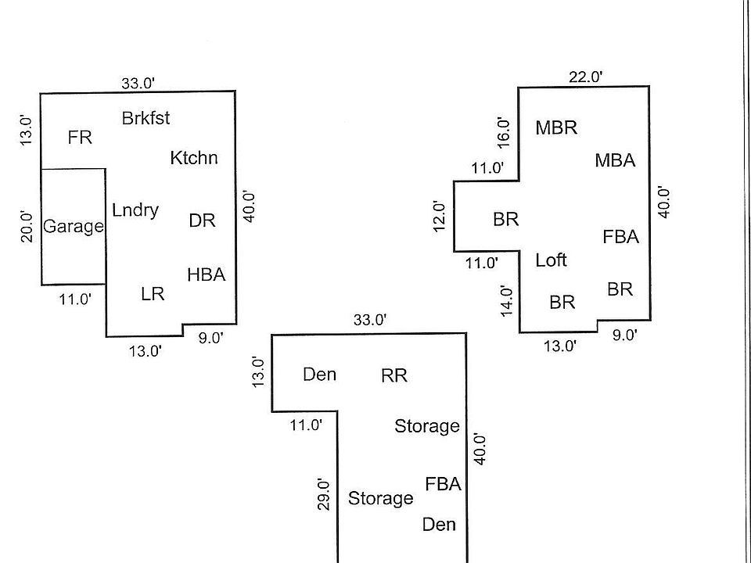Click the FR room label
pyautogui.click(x=80, y=138)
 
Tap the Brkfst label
pyautogui.click(x=146, y=118)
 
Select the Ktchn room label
pyautogui.click(x=194, y=158)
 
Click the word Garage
pyautogui.click(x=74, y=227)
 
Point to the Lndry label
pyautogui.click(x=135, y=210)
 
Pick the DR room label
pyautogui.click(x=202, y=221)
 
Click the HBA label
pyautogui.click(x=206, y=274)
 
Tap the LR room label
pyautogui.click(x=153, y=294)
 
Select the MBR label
pyautogui.click(x=556, y=128)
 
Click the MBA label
pyautogui.click(x=615, y=160)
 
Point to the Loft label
pyautogui.click(x=551, y=260)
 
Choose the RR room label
pyautogui.click(x=394, y=375)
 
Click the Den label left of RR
pyautogui.click(x=319, y=375)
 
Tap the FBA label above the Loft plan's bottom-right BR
pyautogui.click(x=620, y=236)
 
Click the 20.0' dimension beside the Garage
pyautogui.click(x=27, y=227)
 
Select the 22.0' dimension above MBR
pyautogui.click(x=585, y=77)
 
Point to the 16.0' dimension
pyautogui.click(x=504, y=132)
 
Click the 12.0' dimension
pyautogui.click(x=440, y=217)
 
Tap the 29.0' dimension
pyautogui.click(x=324, y=494)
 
